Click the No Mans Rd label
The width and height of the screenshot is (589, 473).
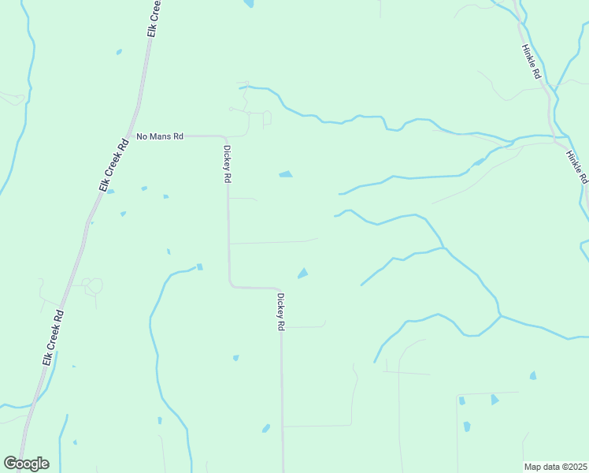[x=160, y=136]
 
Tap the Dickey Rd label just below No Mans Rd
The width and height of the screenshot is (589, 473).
[x=227, y=164]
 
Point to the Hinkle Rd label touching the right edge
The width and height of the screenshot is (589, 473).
[x=577, y=166]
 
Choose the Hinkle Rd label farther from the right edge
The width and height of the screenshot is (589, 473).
[x=531, y=61]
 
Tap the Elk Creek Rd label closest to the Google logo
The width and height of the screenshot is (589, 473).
[x=53, y=337]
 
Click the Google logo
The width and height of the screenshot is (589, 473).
[x=26, y=464]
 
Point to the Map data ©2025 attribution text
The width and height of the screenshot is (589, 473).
[x=555, y=467]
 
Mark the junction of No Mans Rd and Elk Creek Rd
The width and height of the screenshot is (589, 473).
[x=135, y=136]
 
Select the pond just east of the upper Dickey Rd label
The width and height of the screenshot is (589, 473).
[x=285, y=174]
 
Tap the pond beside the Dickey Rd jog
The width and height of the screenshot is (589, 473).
[x=302, y=274]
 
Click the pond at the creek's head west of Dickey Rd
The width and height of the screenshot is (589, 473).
[x=199, y=266]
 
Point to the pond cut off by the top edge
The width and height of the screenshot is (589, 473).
[x=249, y=4]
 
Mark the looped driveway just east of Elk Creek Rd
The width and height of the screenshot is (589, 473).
[x=92, y=285]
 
